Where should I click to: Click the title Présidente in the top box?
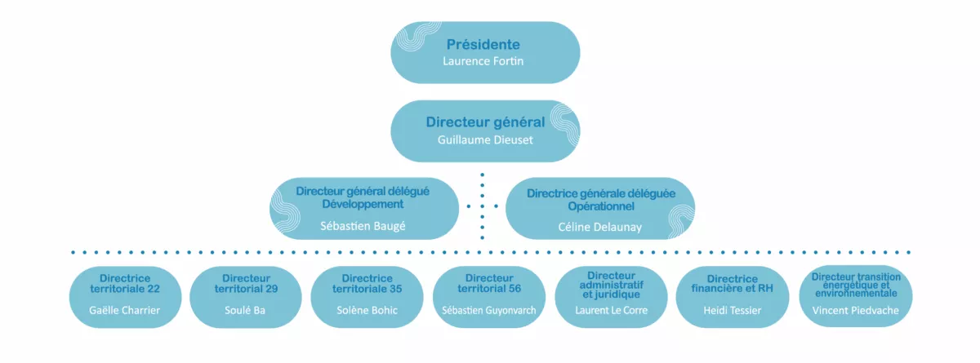point(483,44)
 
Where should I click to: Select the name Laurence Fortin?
point(483,61)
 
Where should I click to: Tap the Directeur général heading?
point(485,122)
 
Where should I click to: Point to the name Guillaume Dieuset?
point(485,139)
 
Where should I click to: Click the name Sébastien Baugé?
point(363,226)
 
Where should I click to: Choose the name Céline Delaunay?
point(599,227)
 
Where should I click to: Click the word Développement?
point(363,204)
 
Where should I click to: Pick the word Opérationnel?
point(601,206)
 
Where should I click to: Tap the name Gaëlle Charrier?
point(125,310)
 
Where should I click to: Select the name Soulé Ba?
point(245,310)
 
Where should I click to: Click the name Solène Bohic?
point(367,310)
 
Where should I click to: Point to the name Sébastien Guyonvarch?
point(488,310)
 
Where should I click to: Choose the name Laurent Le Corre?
point(611,310)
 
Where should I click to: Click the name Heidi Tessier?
point(733,310)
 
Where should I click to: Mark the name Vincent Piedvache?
point(855,310)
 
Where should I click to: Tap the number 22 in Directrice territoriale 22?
point(154,289)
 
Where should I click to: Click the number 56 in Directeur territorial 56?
point(514,288)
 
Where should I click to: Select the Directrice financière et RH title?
point(733,284)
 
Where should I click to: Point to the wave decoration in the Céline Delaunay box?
point(682,220)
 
